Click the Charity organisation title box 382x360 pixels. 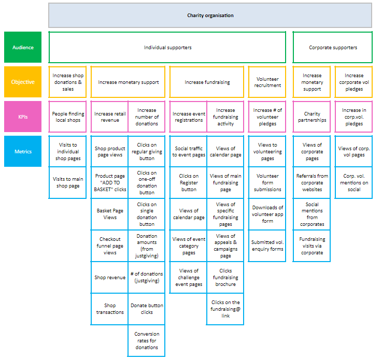[x=210, y=16]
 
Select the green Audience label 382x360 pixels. [x=23, y=48]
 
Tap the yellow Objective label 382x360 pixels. [x=23, y=82]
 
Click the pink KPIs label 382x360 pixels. [x=23, y=117]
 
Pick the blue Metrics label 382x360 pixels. [x=23, y=151]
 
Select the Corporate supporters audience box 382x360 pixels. [x=333, y=48]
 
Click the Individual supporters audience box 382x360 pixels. [x=167, y=48]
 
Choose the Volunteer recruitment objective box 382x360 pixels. [x=267, y=82]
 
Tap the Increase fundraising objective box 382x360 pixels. [x=207, y=82]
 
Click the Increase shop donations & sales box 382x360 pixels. [x=68, y=82]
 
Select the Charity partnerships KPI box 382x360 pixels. [x=312, y=117]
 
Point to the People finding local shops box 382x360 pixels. [x=68, y=117]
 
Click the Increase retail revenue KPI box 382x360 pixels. [x=109, y=117]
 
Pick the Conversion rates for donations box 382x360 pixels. [x=147, y=341]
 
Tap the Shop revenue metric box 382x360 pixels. [x=109, y=278]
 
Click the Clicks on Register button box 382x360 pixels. [x=189, y=183]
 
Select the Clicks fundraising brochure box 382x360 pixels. [x=225, y=278]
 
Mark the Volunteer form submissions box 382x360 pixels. [x=267, y=183]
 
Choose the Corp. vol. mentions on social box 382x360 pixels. [x=354, y=183]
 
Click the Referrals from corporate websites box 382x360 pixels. [x=312, y=183]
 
